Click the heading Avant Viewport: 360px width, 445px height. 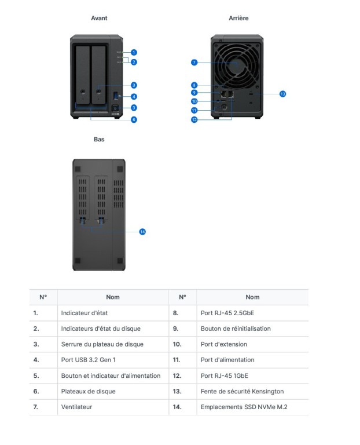click(99, 19)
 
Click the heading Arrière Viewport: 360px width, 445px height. click(238, 19)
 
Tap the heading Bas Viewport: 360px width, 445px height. click(99, 140)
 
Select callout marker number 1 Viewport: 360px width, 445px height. click(134, 53)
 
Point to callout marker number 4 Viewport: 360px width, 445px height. click(134, 97)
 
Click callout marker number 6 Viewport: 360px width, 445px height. click(134, 119)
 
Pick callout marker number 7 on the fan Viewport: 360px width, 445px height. click(194, 62)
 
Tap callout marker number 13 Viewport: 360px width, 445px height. click(282, 94)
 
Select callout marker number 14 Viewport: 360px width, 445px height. click(142, 232)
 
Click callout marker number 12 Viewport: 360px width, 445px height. click(194, 119)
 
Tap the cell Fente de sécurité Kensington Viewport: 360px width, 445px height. click(242, 391)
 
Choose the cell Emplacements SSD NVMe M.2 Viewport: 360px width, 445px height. click(244, 407)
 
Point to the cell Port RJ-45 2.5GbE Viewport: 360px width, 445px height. click(227, 313)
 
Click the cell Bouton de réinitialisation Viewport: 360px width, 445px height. click(235, 329)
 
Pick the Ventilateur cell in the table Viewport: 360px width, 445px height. click(76, 407)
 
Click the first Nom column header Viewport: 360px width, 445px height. click(113, 297)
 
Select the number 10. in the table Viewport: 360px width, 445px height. click(177, 344)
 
